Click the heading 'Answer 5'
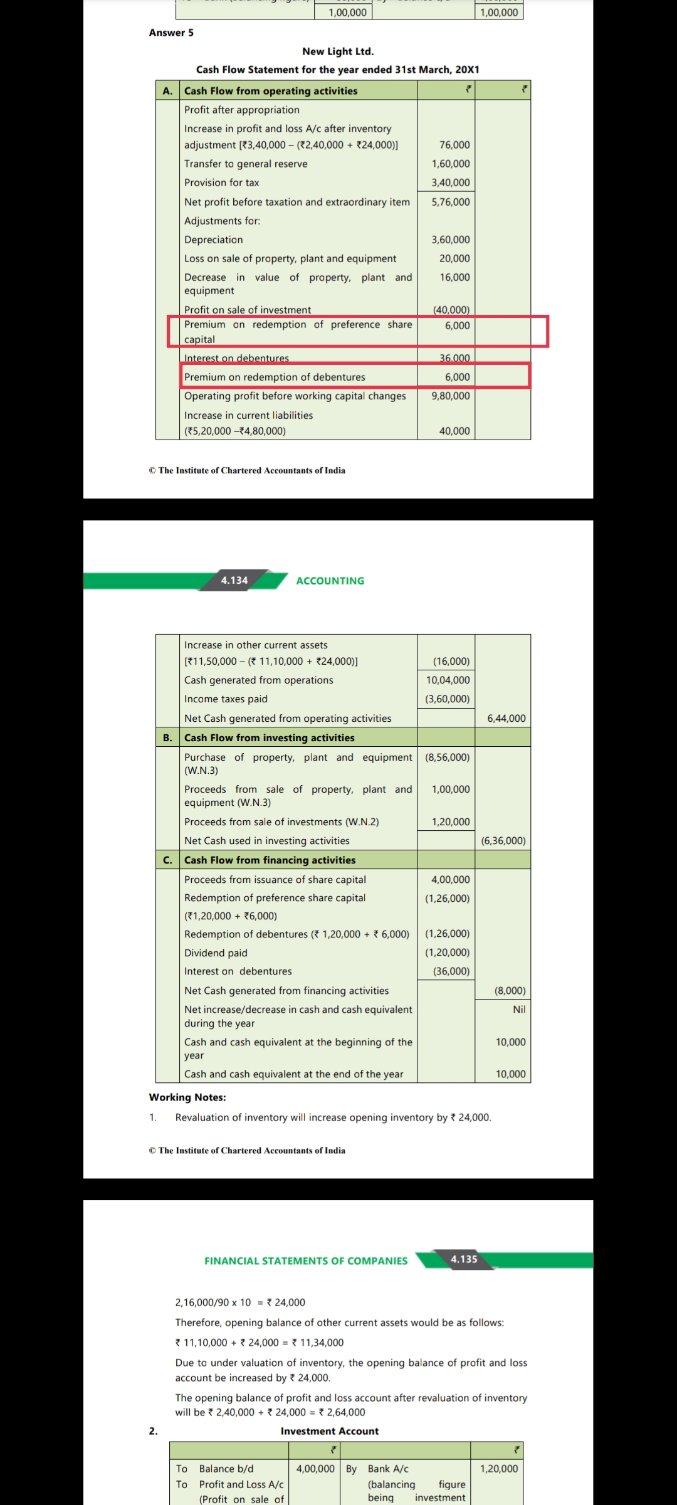pyautogui.click(x=171, y=33)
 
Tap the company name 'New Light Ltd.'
pyautogui.click(x=337, y=51)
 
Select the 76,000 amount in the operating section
pyautogui.click(x=454, y=145)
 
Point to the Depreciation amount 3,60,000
pyautogui.click(x=450, y=240)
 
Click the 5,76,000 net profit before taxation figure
pyautogui.click(x=450, y=202)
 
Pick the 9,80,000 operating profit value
pyautogui.click(x=450, y=396)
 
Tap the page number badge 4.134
pyautogui.click(x=234, y=581)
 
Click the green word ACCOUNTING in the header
pyautogui.click(x=330, y=581)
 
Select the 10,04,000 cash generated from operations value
pyautogui.click(x=448, y=680)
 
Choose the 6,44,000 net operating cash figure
pyautogui.click(x=506, y=718)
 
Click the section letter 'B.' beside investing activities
pyautogui.click(x=167, y=737)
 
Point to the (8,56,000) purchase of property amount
pyautogui.click(x=447, y=757)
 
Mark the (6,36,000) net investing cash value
pyautogui.click(x=503, y=840)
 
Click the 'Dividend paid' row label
pyautogui.click(x=216, y=953)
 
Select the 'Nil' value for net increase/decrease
pyautogui.click(x=519, y=1009)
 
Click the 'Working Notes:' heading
pyautogui.click(x=187, y=1097)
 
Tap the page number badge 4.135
pyautogui.click(x=464, y=1259)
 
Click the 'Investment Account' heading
pyautogui.click(x=330, y=1431)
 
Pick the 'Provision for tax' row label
pyautogui.click(x=221, y=182)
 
